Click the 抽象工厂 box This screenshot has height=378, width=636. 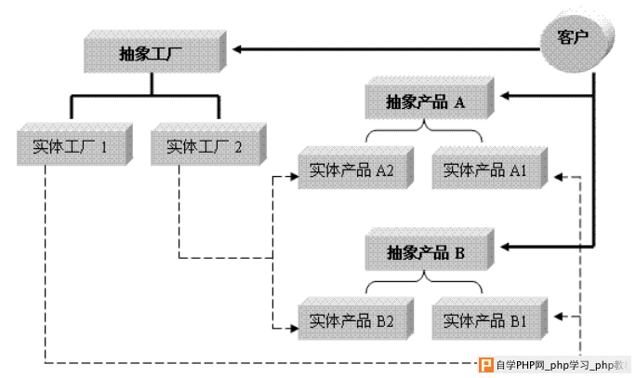click(x=155, y=51)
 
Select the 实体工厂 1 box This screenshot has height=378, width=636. click(x=74, y=144)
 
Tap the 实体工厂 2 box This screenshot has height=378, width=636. click(x=208, y=144)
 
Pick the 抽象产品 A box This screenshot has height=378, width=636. click(x=430, y=98)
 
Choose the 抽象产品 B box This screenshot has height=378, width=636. click(x=430, y=250)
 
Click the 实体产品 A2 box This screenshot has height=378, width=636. click(x=356, y=168)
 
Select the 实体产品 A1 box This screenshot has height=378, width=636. click(x=490, y=168)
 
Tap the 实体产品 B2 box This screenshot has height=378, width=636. click(x=356, y=318)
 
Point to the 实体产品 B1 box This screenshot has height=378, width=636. click(x=490, y=318)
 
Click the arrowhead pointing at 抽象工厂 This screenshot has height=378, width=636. click(x=237, y=49)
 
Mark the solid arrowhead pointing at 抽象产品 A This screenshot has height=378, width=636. click(x=505, y=96)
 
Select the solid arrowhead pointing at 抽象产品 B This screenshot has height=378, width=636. click(x=505, y=247)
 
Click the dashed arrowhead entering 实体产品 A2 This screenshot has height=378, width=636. click(x=294, y=177)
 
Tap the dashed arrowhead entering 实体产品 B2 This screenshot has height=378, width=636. click(x=294, y=328)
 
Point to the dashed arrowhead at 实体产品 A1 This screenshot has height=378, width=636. click(x=559, y=177)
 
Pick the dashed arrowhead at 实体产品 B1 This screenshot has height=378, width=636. click(x=559, y=317)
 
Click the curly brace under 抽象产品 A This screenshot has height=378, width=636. click(x=424, y=130)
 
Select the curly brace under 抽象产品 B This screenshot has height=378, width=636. click(x=424, y=282)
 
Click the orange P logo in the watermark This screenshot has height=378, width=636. click(x=486, y=365)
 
